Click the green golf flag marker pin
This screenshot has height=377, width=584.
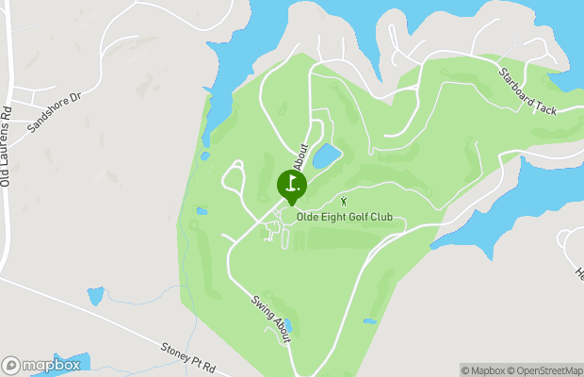point(291,185)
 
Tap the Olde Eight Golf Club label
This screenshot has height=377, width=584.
point(350,218)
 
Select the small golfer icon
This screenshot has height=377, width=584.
point(344,200)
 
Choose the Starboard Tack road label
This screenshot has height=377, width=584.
point(528,90)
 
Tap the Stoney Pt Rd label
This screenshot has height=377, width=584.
point(188,356)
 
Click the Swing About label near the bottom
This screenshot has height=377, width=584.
point(269,319)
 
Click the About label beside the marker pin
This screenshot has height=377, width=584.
point(301,156)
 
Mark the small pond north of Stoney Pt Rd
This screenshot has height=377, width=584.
point(95,296)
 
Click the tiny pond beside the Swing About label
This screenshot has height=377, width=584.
point(288,326)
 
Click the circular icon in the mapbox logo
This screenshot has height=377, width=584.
point(11,365)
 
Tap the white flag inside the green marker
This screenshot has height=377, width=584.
point(292,181)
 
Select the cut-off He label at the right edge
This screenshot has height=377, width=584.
point(578,272)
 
